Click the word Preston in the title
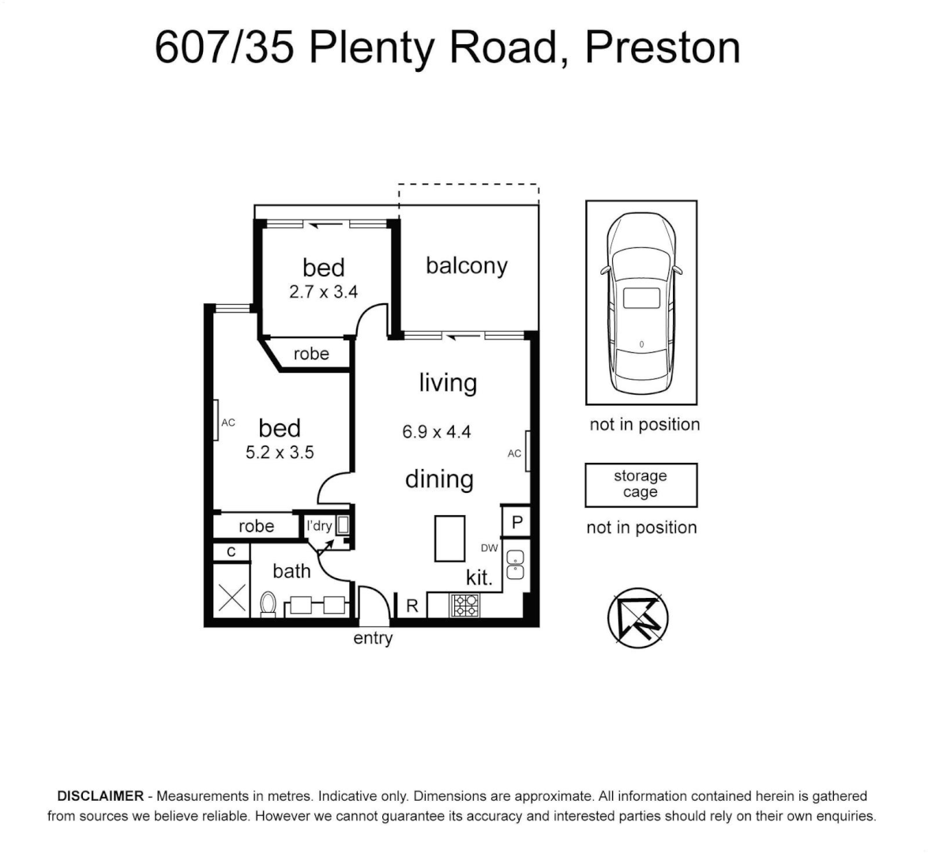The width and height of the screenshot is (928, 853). (x=662, y=47)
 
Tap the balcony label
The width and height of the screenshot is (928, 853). (x=466, y=265)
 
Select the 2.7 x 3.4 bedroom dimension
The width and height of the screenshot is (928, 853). (x=323, y=292)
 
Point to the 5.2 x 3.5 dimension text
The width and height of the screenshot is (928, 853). (x=280, y=453)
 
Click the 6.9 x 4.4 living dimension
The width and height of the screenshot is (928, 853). (x=436, y=432)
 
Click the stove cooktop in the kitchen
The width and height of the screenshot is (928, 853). (x=464, y=605)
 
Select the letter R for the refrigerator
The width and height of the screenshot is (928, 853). (x=411, y=606)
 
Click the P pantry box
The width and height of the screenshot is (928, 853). (x=517, y=523)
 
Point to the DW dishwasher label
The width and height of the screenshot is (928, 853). (x=490, y=548)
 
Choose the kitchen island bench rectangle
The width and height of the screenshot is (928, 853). (x=449, y=538)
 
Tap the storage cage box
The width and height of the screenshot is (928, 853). (x=641, y=484)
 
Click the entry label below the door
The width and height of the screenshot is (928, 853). (x=373, y=638)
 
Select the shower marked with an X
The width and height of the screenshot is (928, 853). (x=231, y=597)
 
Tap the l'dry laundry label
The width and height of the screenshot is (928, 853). (x=319, y=526)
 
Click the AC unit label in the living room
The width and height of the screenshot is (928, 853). (x=514, y=453)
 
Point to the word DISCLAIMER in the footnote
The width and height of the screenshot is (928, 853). (x=100, y=796)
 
